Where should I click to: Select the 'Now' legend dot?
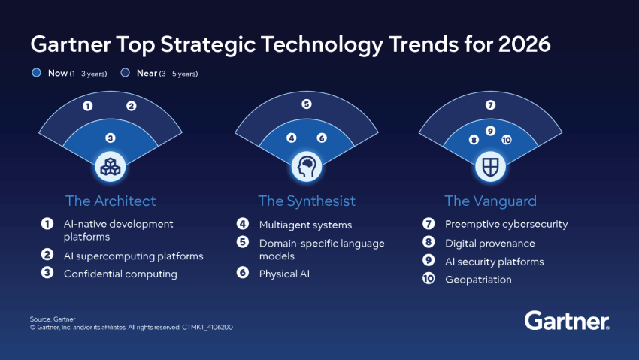(x=35, y=74)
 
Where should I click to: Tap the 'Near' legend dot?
(x=124, y=74)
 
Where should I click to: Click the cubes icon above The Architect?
(x=110, y=166)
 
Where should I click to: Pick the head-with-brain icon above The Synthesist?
(x=306, y=166)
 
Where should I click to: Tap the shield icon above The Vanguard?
(x=490, y=166)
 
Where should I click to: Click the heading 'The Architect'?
(x=111, y=201)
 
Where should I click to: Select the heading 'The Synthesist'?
(x=307, y=201)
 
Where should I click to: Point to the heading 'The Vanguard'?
(x=490, y=201)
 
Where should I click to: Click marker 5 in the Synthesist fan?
(x=307, y=104)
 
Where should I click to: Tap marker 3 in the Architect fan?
(x=110, y=138)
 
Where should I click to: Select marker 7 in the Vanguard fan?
(x=490, y=105)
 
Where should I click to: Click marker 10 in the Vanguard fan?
(x=506, y=140)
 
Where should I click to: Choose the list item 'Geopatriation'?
(x=477, y=280)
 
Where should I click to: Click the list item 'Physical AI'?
(x=284, y=274)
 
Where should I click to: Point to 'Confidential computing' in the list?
(x=120, y=274)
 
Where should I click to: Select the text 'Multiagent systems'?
(x=305, y=225)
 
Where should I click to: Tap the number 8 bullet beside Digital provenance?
(x=428, y=244)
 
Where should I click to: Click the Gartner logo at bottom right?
(x=566, y=321)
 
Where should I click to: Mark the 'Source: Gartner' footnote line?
(x=53, y=319)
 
